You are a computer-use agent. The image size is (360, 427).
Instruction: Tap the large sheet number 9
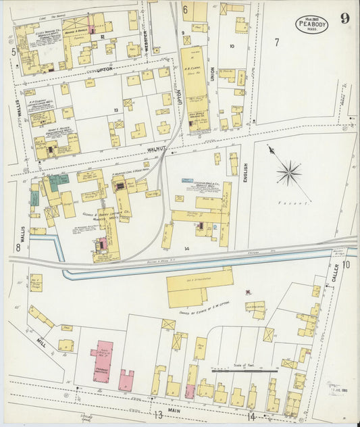pyautogui.click(x=344, y=18)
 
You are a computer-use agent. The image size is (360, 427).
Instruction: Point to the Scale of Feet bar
pyautogui.click(x=245, y=370)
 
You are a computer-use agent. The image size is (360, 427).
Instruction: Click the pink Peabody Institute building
pyautogui.click(x=103, y=360)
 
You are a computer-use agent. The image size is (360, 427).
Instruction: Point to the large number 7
pyautogui.click(x=276, y=43)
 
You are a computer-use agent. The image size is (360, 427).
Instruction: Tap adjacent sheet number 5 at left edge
pyautogui.click(x=13, y=51)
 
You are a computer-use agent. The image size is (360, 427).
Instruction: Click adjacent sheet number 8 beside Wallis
pyautogui.click(x=18, y=247)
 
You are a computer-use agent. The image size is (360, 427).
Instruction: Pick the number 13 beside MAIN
pyautogui.click(x=157, y=414)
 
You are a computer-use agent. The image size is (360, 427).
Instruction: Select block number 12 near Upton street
pyautogui.click(x=101, y=37)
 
